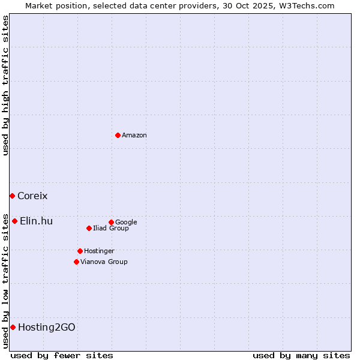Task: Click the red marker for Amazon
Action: point(118,135)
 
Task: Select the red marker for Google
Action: point(111,222)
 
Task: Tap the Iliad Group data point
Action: point(89,228)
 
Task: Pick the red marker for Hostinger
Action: point(80,251)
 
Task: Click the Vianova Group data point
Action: point(76,262)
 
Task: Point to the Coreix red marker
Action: point(12,196)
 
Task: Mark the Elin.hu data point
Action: point(14,221)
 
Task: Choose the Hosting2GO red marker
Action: point(13,327)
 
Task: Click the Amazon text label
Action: point(134,136)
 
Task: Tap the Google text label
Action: point(126,223)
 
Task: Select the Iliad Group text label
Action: point(111,229)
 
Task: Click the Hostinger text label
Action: point(99,251)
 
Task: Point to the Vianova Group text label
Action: point(104,262)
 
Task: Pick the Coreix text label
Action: point(32,196)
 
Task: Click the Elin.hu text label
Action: point(36,221)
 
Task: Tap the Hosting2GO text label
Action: point(47,328)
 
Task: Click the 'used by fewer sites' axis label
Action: point(62,355)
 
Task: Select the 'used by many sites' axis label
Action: point(301,355)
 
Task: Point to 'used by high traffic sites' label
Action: point(5,85)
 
